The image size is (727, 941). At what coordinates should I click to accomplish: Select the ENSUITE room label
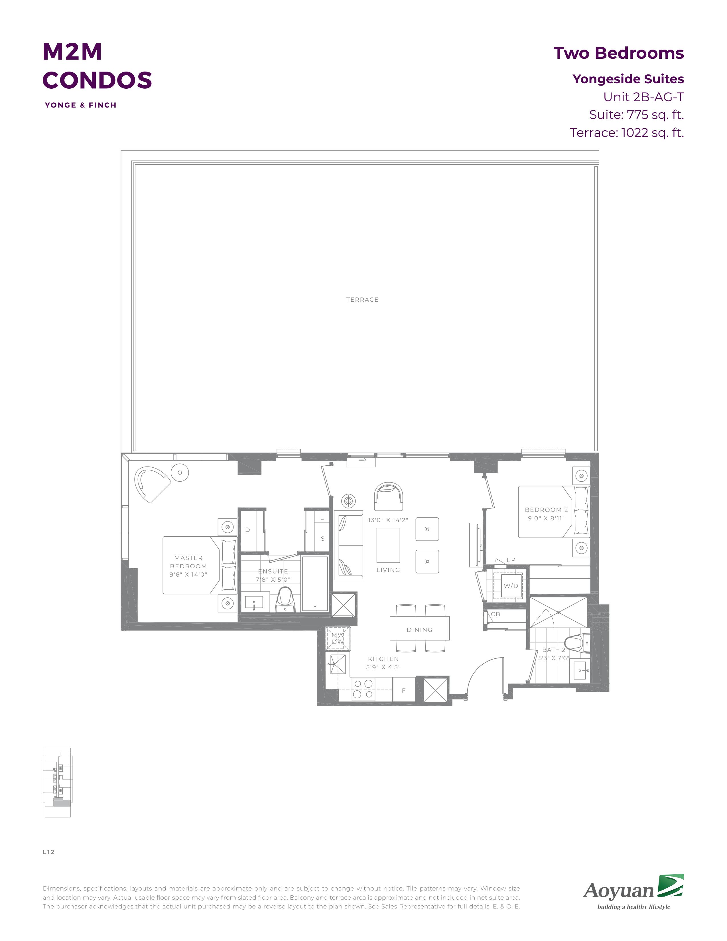pyautogui.click(x=273, y=571)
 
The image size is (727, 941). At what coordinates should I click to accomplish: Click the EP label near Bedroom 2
pyautogui.click(x=511, y=560)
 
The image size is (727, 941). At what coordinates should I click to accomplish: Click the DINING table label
pyautogui.click(x=419, y=630)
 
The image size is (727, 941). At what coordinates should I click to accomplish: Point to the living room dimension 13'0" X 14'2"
pyautogui.click(x=388, y=520)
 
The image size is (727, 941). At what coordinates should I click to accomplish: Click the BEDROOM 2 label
pyautogui.click(x=546, y=510)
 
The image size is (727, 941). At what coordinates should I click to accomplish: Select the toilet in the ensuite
pyautogui.click(x=285, y=599)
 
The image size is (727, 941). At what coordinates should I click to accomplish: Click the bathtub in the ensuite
pyautogui.click(x=315, y=583)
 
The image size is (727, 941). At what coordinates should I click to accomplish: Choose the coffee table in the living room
pyautogui.click(x=388, y=545)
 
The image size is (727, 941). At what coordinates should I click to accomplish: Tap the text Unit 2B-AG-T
pyautogui.click(x=643, y=97)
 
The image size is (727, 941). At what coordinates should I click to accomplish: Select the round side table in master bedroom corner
pyautogui.click(x=180, y=473)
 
